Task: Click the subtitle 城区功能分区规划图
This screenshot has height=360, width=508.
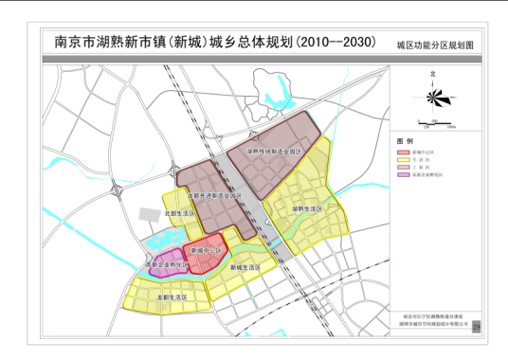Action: click(x=433, y=45)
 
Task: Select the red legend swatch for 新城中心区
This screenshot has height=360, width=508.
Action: click(x=401, y=150)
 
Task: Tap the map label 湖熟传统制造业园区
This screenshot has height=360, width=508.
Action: click(x=275, y=151)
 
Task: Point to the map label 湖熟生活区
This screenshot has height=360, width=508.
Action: click(x=307, y=208)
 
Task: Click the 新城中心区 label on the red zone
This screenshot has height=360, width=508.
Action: click(x=207, y=250)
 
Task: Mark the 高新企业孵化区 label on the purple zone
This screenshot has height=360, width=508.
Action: click(x=162, y=265)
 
